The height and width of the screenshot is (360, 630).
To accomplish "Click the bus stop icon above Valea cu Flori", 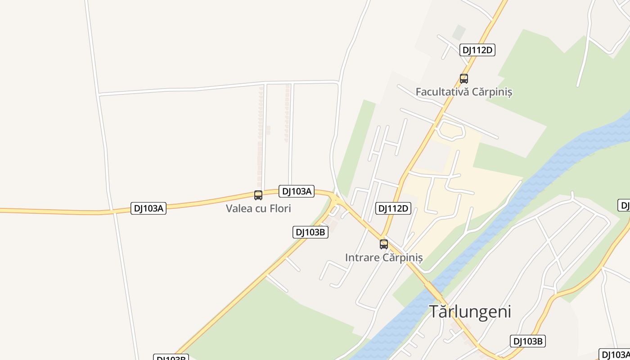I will [258, 195].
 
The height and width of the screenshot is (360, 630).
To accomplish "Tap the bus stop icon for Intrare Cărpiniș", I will [383, 244].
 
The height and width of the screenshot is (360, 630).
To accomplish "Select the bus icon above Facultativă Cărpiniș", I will [463, 79].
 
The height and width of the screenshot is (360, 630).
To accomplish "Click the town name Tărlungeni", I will [470, 311].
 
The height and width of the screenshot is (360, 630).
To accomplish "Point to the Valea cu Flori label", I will [258, 208].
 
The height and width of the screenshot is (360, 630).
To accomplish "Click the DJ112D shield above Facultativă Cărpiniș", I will [477, 50].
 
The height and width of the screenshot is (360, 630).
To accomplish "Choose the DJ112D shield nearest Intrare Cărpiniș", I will [393, 208].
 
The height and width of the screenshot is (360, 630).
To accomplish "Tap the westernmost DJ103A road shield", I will [148, 208].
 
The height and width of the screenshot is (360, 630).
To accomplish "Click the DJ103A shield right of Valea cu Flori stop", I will [296, 191].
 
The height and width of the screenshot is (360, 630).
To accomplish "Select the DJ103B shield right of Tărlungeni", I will [528, 341].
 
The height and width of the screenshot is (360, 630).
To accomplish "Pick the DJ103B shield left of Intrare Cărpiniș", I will [310, 232].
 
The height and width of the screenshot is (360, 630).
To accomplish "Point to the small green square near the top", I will [459, 32].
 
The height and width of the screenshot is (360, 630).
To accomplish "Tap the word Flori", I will [280, 208].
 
